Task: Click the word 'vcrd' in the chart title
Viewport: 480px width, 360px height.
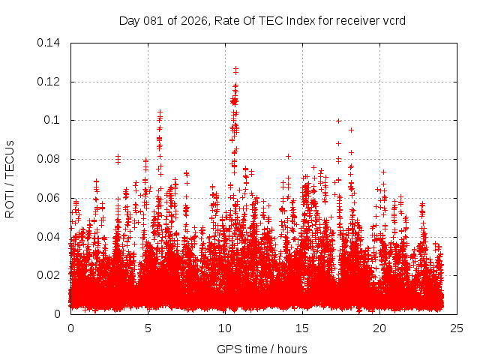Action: pos(394,20)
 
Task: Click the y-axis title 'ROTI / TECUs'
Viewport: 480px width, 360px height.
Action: pos(10,178)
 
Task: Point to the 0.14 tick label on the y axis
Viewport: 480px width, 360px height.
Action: pos(49,43)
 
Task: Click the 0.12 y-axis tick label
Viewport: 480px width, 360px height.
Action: pos(49,82)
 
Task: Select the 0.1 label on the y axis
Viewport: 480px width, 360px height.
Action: pos(52,120)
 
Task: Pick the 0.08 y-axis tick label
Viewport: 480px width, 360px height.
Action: pos(49,159)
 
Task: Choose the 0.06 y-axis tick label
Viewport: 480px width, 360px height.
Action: pos(49,198)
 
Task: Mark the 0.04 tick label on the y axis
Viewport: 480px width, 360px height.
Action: pos(49,237)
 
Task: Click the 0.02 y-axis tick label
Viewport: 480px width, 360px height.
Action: pos(49,275)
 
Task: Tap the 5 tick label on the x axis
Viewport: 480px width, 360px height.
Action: pos(148,328)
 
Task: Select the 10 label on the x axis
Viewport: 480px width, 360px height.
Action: pos(225,328)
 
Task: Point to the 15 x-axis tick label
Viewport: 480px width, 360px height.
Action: pos(302,328)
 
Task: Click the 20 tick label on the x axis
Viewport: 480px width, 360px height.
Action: pos(379,328)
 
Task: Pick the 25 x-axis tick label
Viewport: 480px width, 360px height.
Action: pos(457,328)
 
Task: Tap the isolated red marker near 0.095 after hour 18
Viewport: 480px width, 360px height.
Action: pos(351,130)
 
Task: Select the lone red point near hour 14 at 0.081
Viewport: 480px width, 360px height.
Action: pos(288,156)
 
